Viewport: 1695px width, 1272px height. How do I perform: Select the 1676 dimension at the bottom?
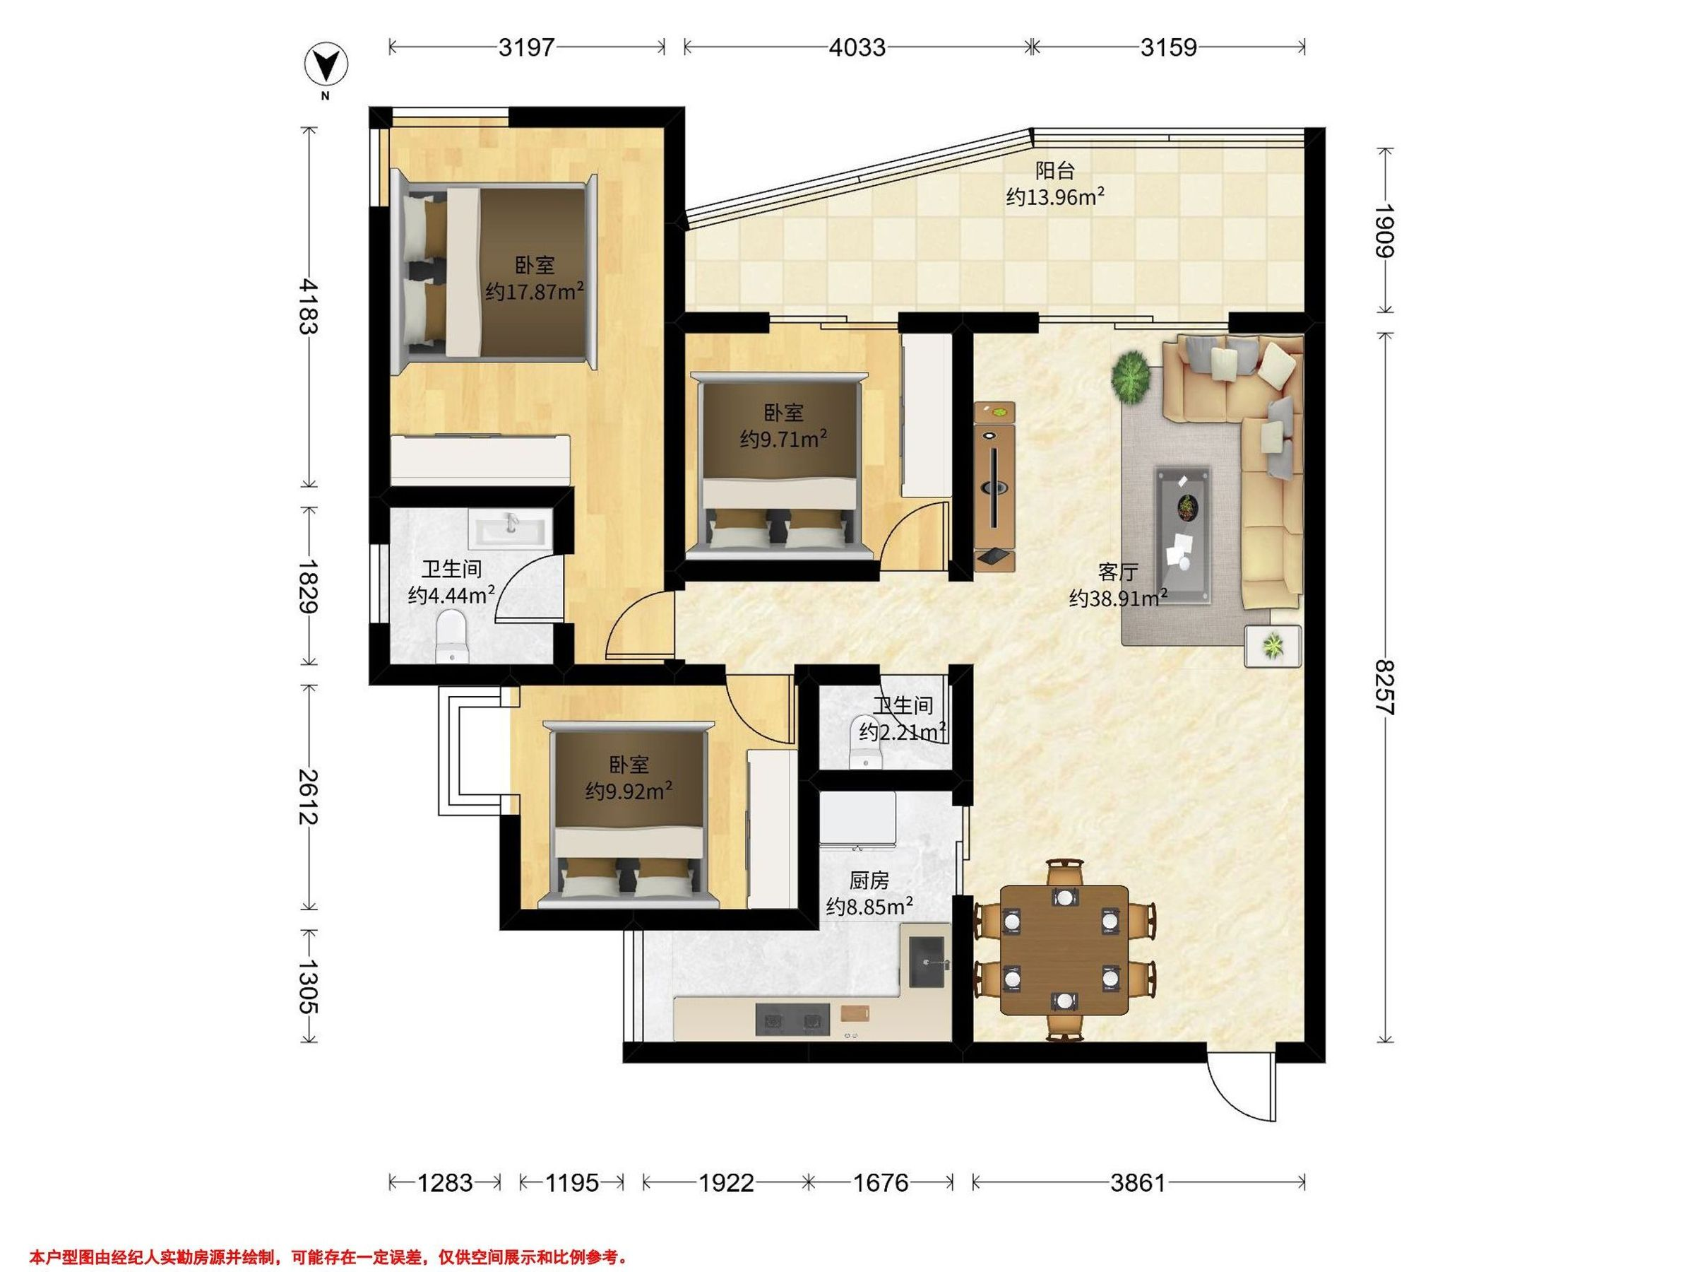click(x=881, y=1183)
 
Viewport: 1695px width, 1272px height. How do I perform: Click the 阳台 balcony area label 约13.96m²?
click(x=1054, y=197)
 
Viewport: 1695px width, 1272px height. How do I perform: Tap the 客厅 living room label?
click(x=1117, y=572)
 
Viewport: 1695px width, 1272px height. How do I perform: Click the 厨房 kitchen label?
click(x=868, y=881)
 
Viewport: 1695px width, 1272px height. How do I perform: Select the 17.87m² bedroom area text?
click(x=534, y=292)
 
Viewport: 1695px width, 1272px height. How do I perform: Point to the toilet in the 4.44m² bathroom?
click(x=451, y=635)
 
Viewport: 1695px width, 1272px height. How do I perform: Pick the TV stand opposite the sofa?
click(x=994, y=486)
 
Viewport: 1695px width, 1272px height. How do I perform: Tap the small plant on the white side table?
click(x=1273, y=643)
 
